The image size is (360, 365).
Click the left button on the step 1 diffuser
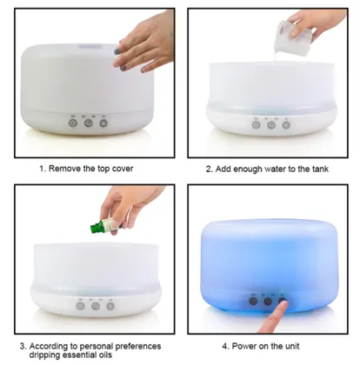click(74, 123)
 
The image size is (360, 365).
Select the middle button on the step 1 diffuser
click(89, 123)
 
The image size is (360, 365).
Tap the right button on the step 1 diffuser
click(103, 123)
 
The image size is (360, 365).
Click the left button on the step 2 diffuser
click(256, 124)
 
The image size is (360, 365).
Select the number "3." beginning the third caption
click(23, 346)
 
